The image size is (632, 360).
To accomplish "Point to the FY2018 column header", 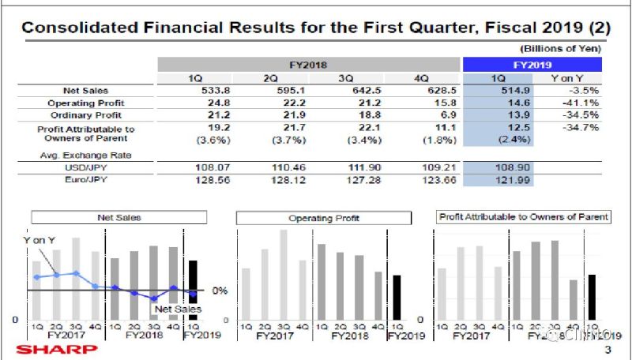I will [x=309, y=65].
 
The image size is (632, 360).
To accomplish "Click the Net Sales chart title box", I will [x=118, y=216].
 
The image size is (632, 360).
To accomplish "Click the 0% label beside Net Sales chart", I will [x=220, y=291].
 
